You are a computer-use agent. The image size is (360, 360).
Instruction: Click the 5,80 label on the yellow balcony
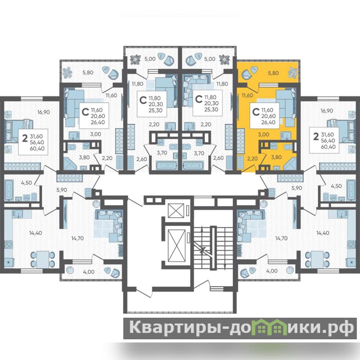tap(273, 73)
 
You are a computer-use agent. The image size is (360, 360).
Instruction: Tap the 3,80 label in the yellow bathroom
tap(276, 157)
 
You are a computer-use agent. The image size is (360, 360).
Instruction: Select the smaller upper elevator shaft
tap(176, 211)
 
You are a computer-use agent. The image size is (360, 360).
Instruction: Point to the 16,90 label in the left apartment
tap(44, 112)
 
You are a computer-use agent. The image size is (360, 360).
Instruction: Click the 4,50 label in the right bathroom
tap(336, 186)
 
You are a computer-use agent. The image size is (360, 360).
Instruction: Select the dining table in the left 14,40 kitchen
tap(43, 259)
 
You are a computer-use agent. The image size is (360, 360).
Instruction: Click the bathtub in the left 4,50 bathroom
tap(9, 190)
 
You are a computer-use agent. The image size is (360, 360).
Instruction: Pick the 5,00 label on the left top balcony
tap(150, 59)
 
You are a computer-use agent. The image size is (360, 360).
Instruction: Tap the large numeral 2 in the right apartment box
tap(316, 137)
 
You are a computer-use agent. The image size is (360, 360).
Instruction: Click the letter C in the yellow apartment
tap(256, 112)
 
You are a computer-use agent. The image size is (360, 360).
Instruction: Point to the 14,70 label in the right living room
tap(282, 238)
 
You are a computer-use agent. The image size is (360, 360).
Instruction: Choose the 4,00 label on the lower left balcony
tap(89, 272)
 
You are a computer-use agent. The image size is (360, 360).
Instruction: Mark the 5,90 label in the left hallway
tap(62, 190)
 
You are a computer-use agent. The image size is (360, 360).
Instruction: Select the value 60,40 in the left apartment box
tap(37, 148)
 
